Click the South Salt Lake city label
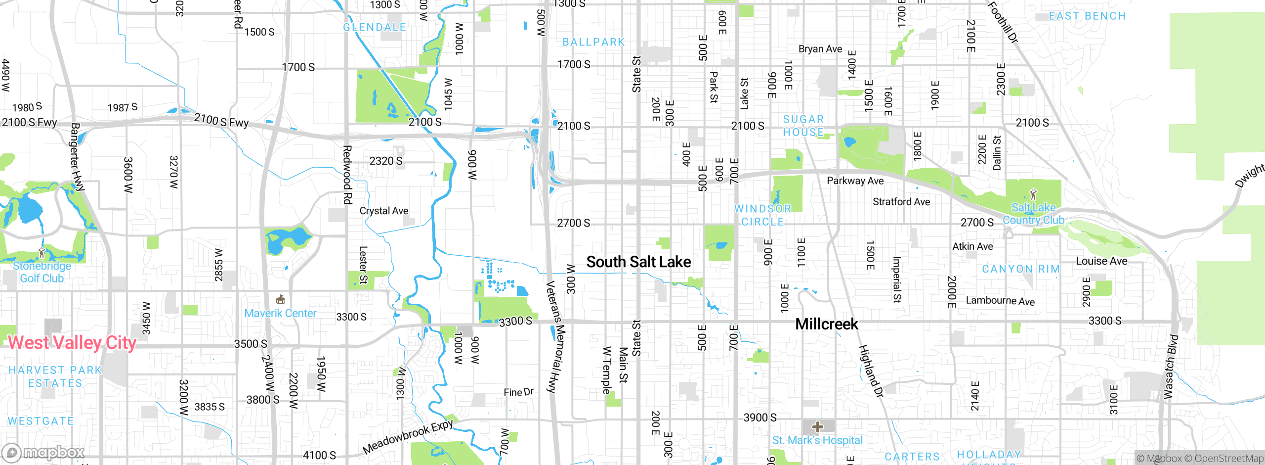638,262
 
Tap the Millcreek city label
827,324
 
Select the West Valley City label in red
72,342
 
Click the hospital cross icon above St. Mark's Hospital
818,426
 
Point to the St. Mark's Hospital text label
817,440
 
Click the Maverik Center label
280,313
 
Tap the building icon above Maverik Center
280,299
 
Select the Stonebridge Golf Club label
42,272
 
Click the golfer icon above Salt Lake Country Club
1033,193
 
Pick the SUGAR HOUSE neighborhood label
803,126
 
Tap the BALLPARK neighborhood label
594,42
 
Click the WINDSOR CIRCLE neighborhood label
763,215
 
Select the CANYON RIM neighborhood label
1021,269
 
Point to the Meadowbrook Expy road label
408,437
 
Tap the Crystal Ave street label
384,211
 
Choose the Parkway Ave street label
855,181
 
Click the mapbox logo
43,452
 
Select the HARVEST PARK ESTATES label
55,376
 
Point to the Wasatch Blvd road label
1171,367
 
